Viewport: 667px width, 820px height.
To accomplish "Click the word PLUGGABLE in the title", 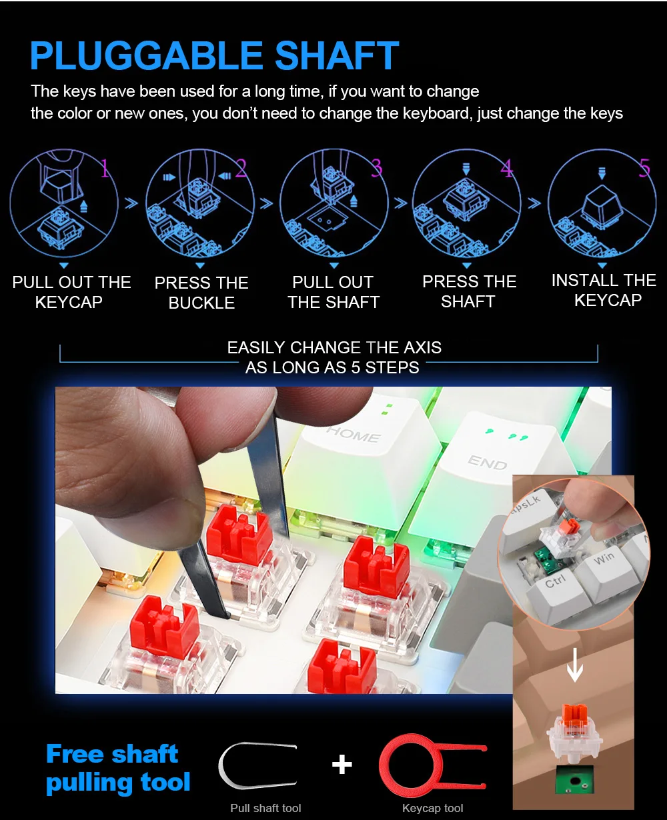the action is pyautogui.click(x=147, y=55).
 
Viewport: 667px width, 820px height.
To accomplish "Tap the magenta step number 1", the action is pyautogui.click(x=105, y=168).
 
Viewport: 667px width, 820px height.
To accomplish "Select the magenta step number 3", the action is pyautogui.click(x=377, y=167).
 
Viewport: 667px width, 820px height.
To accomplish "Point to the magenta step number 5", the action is pyautogui.click(x=644, y=168).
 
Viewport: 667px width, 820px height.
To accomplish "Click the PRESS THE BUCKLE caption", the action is pyautogui.click(x=201, y=293).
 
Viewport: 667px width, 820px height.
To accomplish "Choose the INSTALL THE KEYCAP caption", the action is pyautogui.click(x=604, y=290).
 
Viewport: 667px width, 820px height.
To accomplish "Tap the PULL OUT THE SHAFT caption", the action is pyautogui.click(x=333, y=292).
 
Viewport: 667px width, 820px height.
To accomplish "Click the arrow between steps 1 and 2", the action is pyautogui.click(x=131, y=203).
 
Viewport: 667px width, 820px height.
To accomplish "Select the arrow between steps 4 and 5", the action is pyautogui.click(x=534, y=203).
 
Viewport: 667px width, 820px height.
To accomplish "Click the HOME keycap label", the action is pyautogui.click(x=354, y=435).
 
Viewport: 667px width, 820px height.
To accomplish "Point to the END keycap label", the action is pyautogui.click(x=488, y=463).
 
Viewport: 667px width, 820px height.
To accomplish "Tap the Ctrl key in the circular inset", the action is pyautogui.click(x=558, y=590).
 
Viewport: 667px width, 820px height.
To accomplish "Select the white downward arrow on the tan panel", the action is pyautogui.click(x=574, y=665).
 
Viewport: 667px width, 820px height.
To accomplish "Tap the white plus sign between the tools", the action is pyautogui.click(x=342, y=764).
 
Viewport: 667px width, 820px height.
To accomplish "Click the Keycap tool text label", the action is pyautogui.click(x=432, y=808).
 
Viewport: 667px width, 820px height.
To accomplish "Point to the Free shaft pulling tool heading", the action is pyautogui.click(x=118, y=769).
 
